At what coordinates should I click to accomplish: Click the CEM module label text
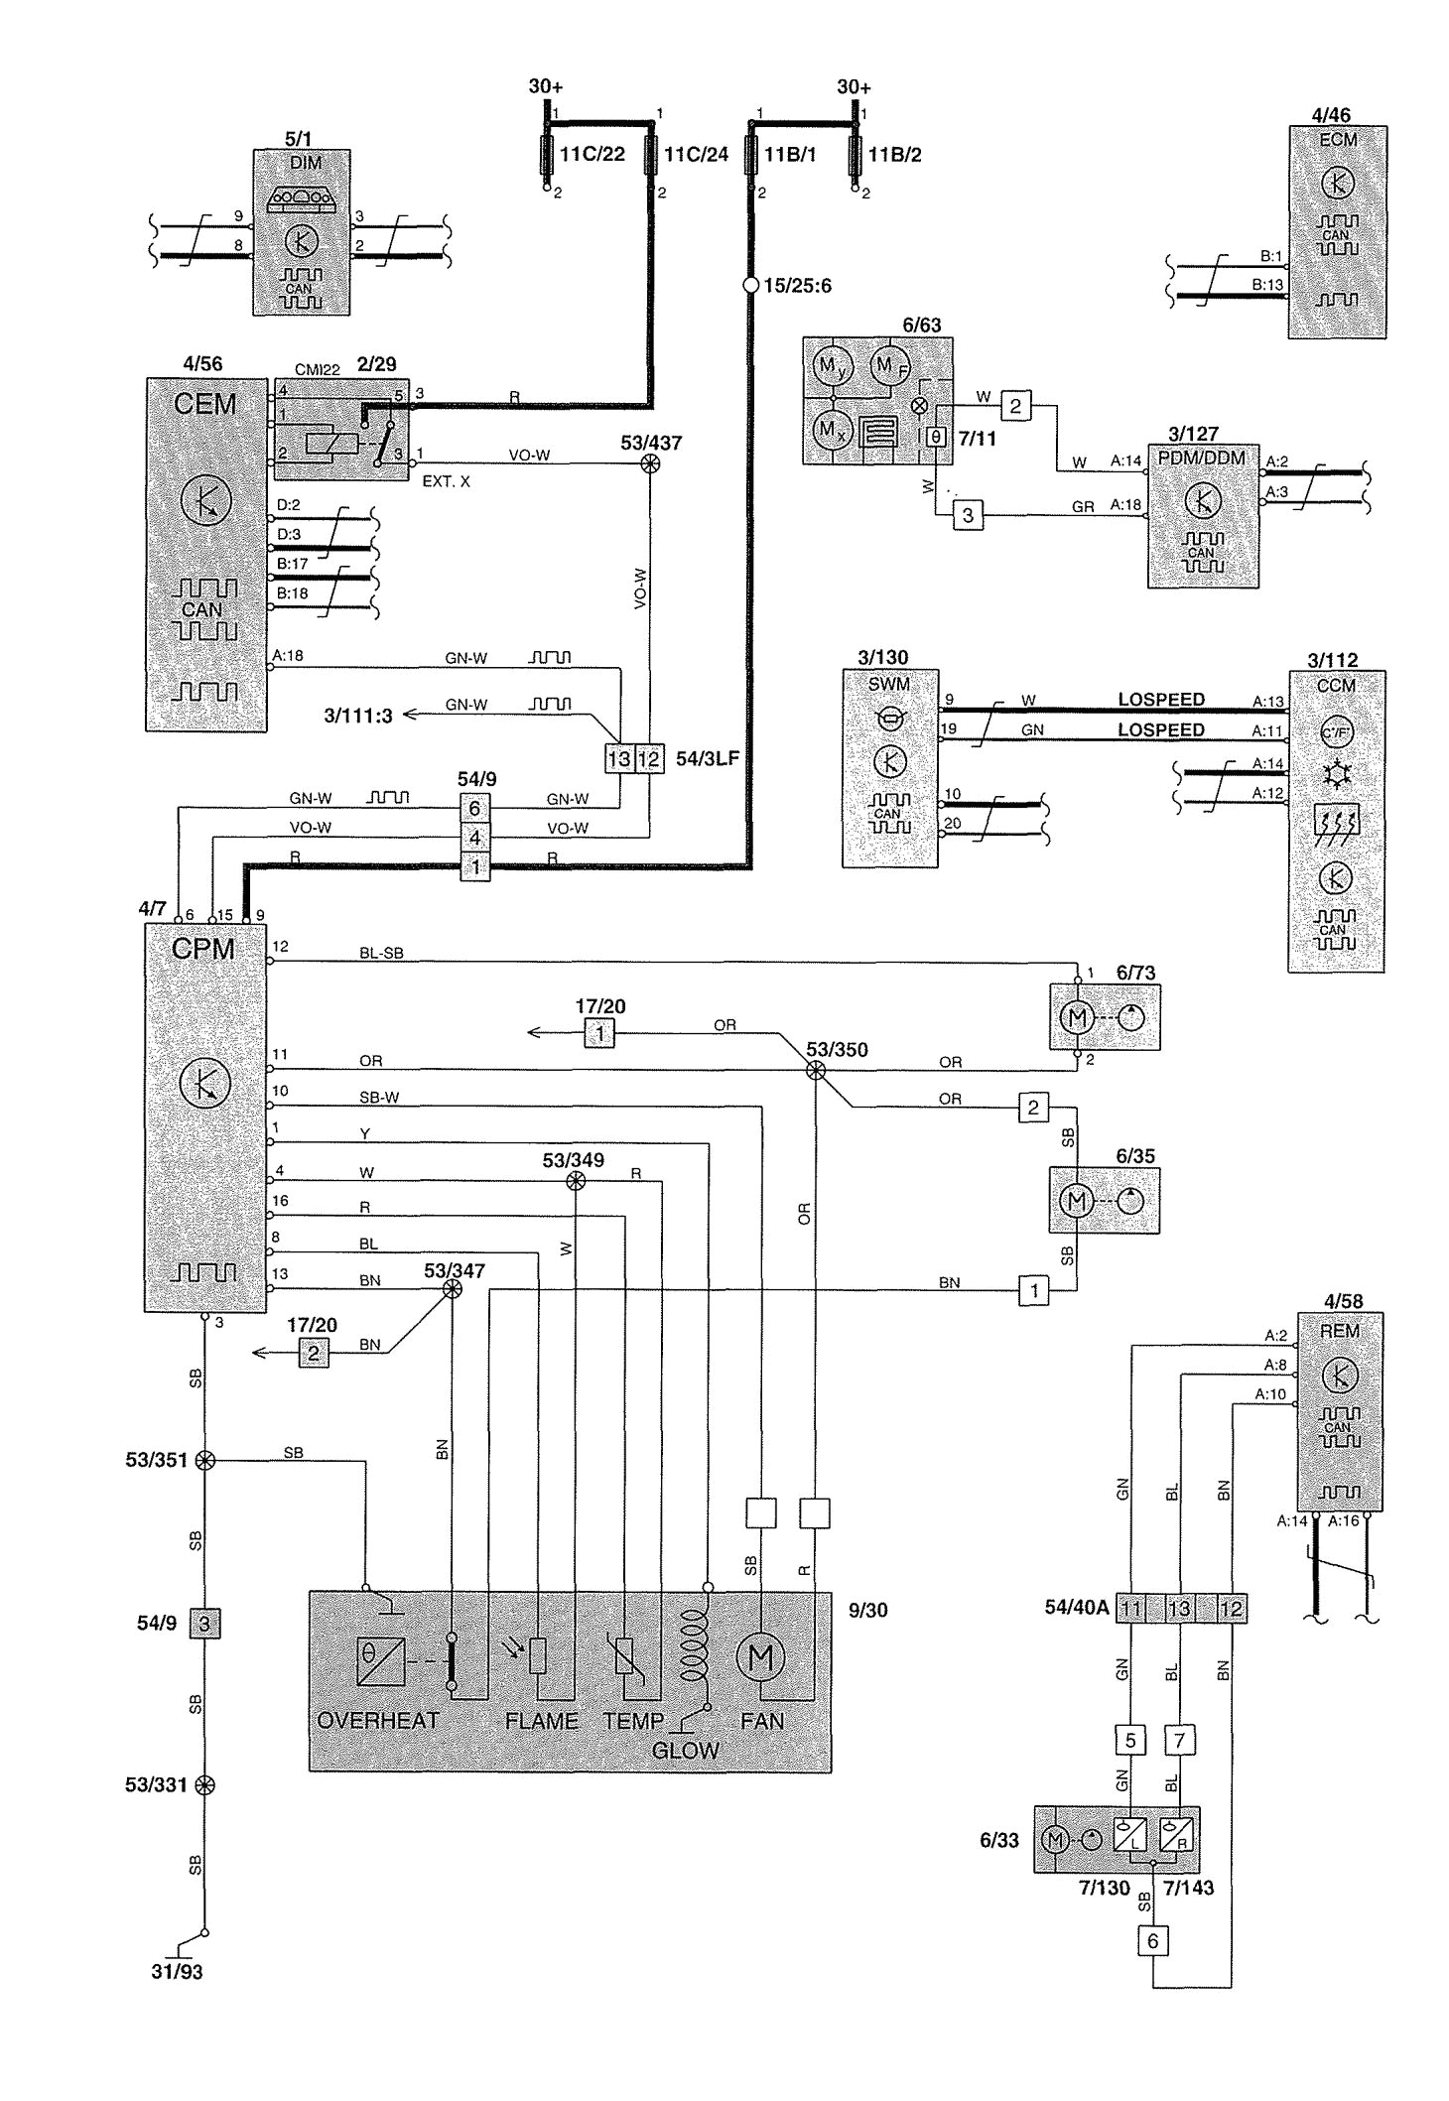click(204, 404)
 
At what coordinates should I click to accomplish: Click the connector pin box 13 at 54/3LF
click(619, 759)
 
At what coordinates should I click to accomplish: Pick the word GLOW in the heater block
click(685, 1750)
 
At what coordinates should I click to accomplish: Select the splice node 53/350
click(815, 1070)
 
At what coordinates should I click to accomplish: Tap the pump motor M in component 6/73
click(1078, 1017)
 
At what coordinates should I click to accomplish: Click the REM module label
click(1339, 1330)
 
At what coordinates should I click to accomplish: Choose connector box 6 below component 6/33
click(1152, 1940)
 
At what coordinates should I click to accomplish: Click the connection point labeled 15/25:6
click(751, 286)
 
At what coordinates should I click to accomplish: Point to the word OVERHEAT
click(377, 1721)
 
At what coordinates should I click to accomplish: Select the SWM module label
click(888, 684)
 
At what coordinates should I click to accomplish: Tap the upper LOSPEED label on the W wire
click(1160, 700)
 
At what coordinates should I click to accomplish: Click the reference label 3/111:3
click(357, 715)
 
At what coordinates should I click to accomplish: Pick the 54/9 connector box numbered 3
click(204, 1624)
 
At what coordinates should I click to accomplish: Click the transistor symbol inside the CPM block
click(205, 1084)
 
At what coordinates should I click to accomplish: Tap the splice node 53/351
click(204, 1460)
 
